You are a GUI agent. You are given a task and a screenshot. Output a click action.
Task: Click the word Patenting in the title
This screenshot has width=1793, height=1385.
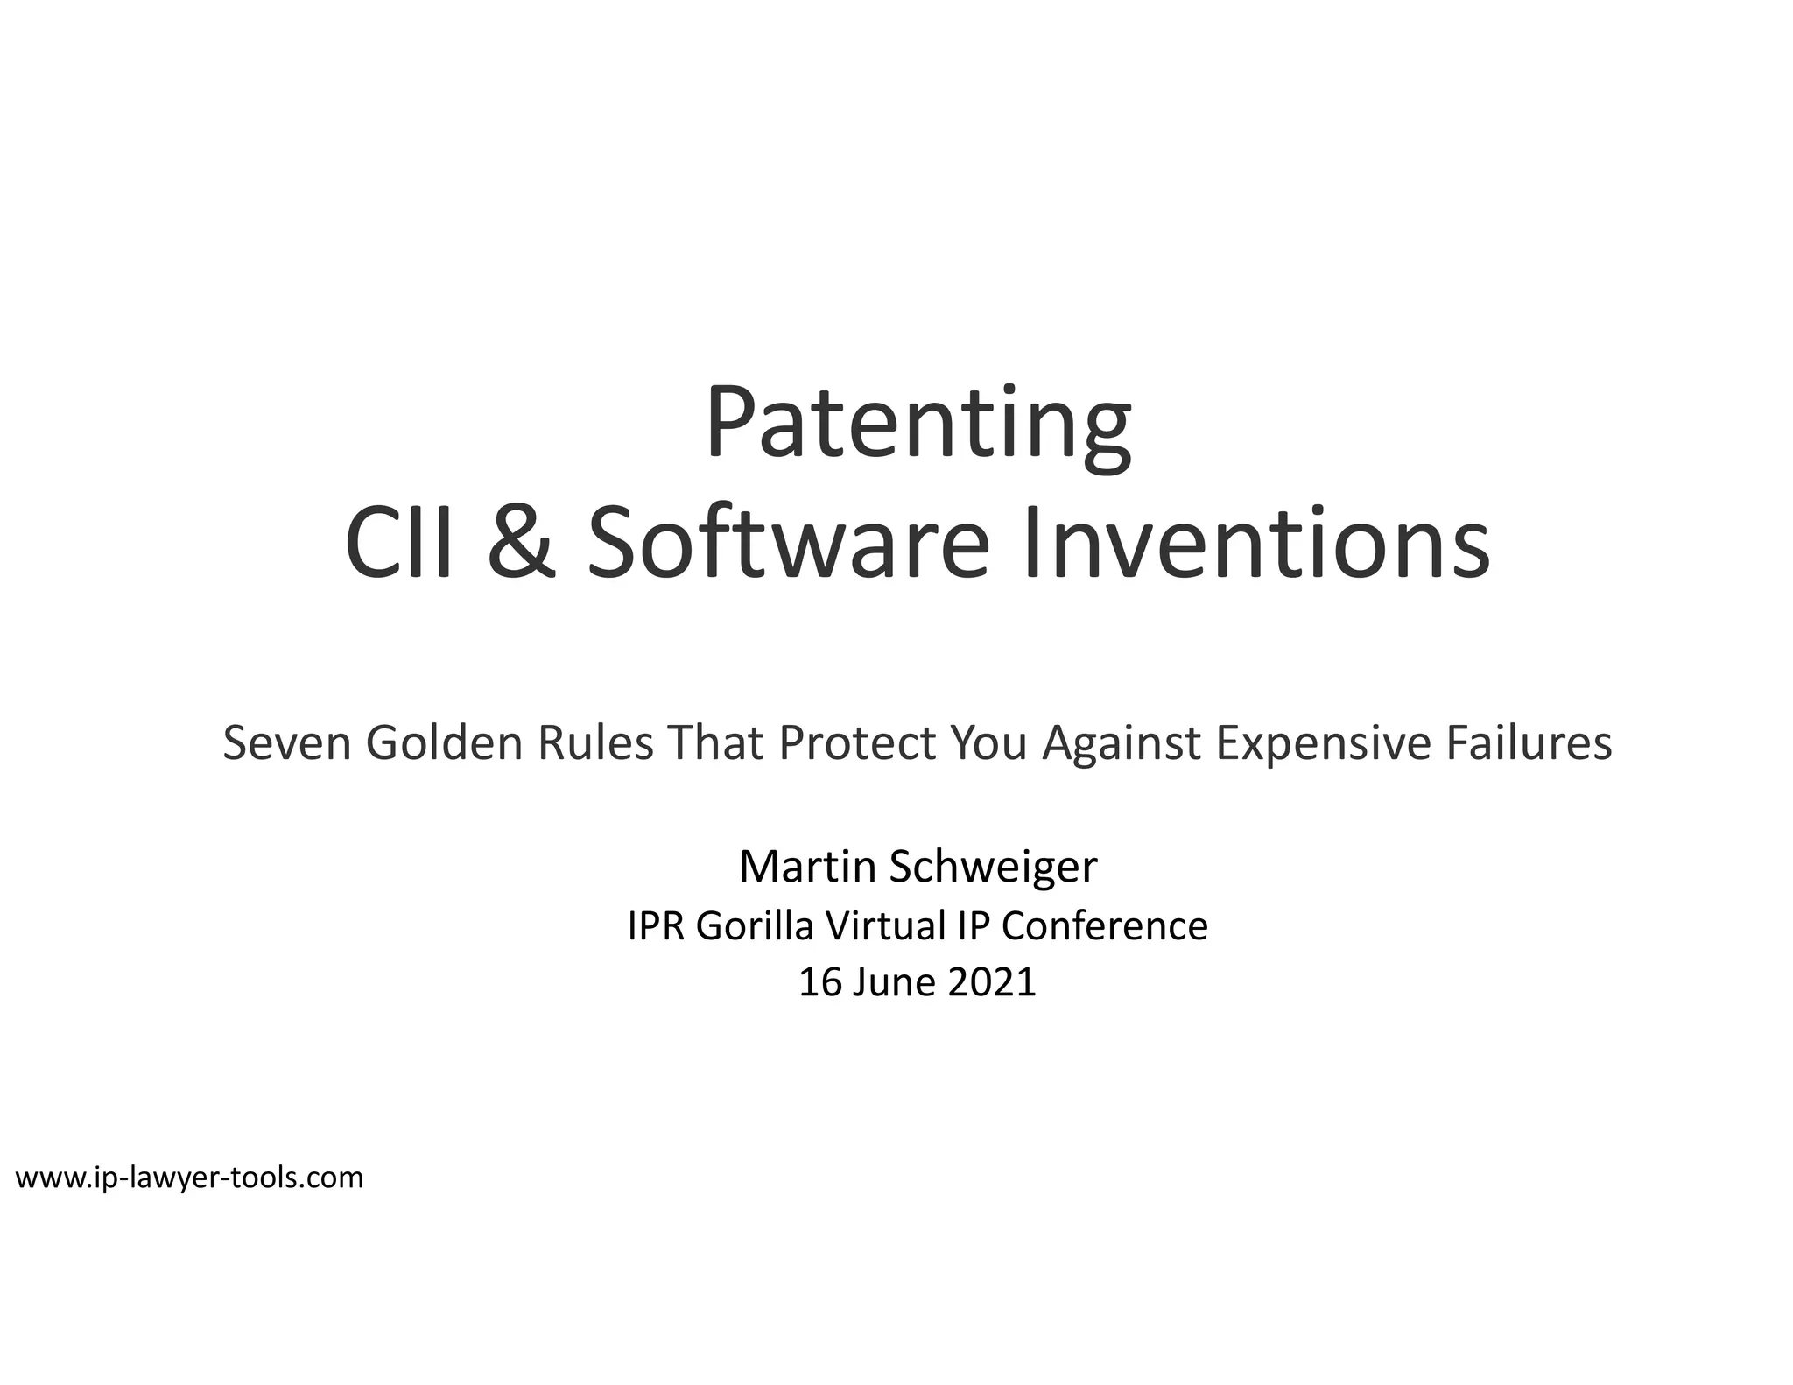[x=918, y=426]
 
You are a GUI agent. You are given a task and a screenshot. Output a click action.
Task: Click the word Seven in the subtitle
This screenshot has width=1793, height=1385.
[x=286, y=743]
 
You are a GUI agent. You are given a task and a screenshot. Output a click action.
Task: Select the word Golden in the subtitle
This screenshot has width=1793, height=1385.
[x=444, y=743]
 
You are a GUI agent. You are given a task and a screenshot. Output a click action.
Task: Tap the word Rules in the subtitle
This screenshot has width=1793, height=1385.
[x=595, y=743]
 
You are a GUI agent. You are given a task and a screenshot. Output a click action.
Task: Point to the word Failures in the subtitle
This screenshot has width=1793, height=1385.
[x=1529, y=743]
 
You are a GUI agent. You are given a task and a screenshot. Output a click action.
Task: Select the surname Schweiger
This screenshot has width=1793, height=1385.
[x=993, y=867]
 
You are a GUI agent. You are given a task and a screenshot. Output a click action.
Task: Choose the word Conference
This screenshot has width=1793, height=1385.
[x=1104, y=926]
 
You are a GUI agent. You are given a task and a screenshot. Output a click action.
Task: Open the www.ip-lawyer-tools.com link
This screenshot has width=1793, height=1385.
[x=189, y=1178]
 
